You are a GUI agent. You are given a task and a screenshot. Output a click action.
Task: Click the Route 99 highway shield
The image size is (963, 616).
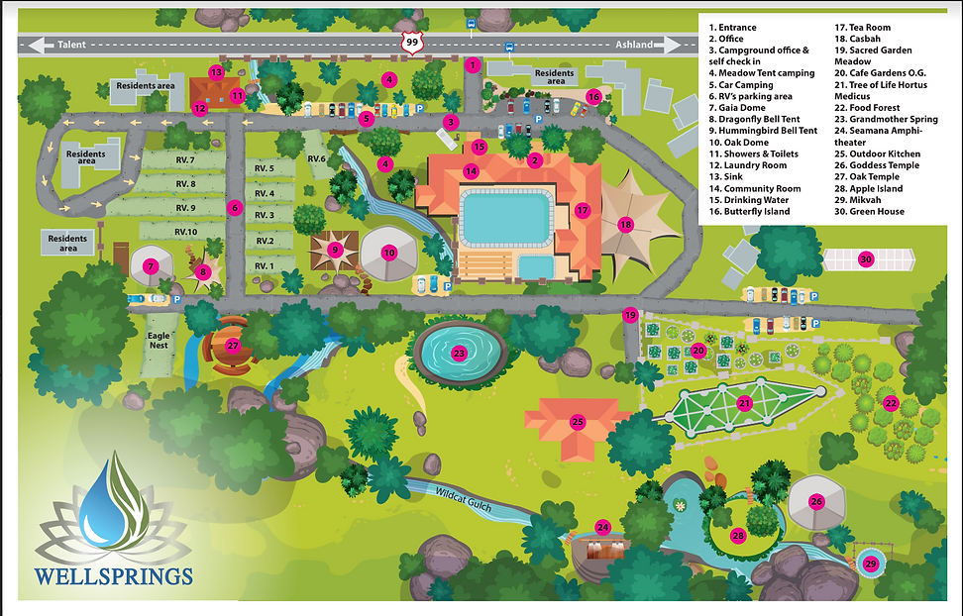pos(411,43)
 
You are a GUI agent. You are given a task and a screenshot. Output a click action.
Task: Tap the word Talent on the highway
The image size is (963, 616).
pos(74,45)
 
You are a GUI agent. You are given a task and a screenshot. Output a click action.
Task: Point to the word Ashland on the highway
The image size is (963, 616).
pos(634,45)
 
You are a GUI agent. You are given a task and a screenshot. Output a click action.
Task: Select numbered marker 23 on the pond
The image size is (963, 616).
pos(459,353)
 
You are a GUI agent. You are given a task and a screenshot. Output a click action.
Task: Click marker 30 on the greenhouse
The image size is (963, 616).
pos(866,259)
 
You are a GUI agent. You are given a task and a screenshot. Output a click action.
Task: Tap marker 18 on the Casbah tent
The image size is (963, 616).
pos(625,225)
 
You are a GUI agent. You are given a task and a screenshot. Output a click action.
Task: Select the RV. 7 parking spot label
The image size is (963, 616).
pos(185,160)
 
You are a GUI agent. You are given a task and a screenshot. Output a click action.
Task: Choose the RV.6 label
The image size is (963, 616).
pos(316,159)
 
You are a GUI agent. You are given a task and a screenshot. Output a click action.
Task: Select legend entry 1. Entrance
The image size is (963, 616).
pos(733,28)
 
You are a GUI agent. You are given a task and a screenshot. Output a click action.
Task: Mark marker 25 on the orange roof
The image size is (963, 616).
pos(578,422)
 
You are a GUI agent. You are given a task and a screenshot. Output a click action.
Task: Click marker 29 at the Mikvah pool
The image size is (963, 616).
pos(871,564)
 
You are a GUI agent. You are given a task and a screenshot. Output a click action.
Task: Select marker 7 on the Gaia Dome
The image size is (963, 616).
pos(151,265)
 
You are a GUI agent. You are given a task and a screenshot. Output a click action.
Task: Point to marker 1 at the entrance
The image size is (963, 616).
pos(473,65)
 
